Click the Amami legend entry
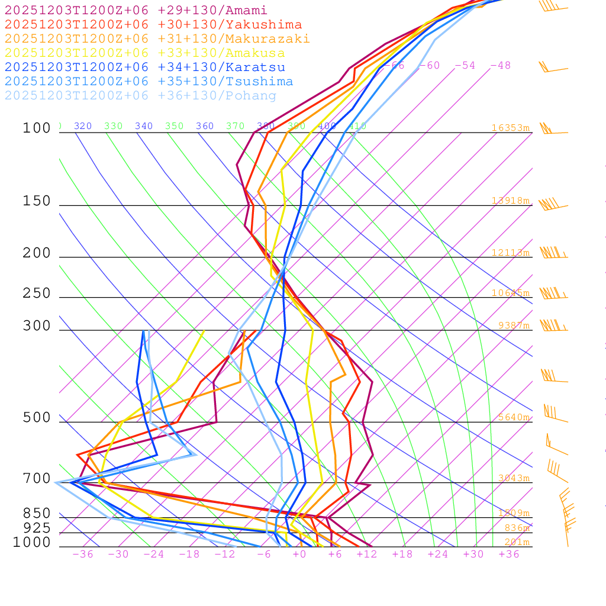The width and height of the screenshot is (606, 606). click(x=136, y=11)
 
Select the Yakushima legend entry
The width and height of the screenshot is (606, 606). click(x=153, y=25)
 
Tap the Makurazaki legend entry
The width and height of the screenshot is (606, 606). click(x=157, y=39)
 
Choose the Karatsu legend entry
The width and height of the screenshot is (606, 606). click(x=145, y=67)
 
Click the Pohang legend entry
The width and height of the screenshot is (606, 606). click(x=141, y=96)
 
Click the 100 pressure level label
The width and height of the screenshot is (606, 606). click(x=37, y=128)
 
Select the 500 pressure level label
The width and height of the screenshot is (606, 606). click(x=37, y=418)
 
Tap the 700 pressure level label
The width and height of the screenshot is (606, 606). click(x=37, y=479)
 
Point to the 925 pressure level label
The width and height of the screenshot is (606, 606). click(x=37, y=528)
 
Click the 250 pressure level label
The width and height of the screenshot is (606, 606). click(x=37, y=294)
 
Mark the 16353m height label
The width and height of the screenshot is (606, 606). click(x=511, y=128)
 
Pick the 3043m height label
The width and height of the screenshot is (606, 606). click(x=513, y=478)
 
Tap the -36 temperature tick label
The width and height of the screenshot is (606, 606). click(x=82, y=555)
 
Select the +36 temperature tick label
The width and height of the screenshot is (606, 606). click(x=509, y=555)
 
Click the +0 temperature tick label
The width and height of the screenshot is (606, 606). click(x=299, y=555)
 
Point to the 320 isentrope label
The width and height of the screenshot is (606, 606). click(x=83, y=126)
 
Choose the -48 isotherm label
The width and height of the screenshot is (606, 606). click(x=500, y=66)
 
